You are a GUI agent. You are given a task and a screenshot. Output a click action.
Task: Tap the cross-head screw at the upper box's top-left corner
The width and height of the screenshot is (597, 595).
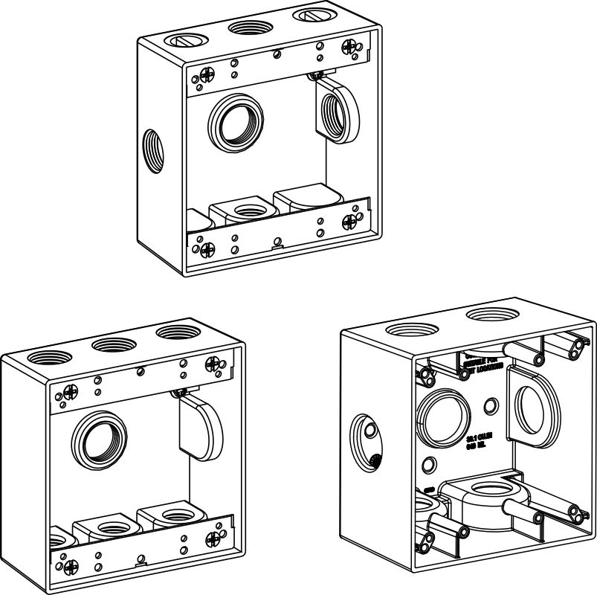[206, 75]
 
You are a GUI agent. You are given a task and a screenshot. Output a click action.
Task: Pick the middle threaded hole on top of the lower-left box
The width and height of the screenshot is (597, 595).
[112, 344]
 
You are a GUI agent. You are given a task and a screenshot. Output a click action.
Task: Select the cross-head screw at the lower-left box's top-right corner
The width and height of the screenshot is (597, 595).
[213, 364]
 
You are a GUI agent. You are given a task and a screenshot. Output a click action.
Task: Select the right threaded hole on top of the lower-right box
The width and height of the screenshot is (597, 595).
[494, 318]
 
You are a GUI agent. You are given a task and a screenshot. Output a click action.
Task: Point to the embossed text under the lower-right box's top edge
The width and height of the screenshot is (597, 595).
[483, 362]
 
